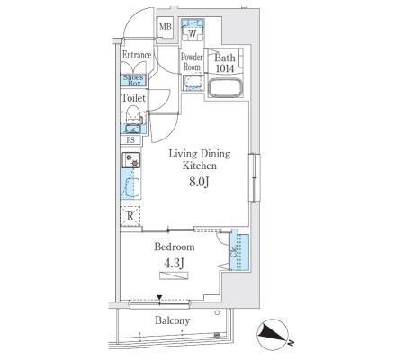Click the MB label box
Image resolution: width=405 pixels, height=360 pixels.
[x=165, y=27]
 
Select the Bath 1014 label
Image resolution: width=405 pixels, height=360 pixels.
[x=225, y=63]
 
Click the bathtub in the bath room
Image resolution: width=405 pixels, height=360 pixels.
[x=225, y=88]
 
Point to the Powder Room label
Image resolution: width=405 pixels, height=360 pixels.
[x=192, y=61]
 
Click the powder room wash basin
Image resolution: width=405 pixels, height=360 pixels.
[x=193, y=83]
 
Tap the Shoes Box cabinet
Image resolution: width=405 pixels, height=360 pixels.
[x=133, y=80]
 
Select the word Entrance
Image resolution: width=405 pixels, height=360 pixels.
[x=137, y=55]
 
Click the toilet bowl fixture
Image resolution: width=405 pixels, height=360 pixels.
[x=133, y=114]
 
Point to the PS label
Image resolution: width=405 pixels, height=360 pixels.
[x=130, y=140]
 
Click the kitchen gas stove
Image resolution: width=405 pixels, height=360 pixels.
[x=130, y=160]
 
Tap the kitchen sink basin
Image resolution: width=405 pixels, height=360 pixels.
[x=131, y=187]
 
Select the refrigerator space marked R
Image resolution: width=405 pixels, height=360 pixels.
[x=130, y=215]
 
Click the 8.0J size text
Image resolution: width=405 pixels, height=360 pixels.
[x=199, y=182]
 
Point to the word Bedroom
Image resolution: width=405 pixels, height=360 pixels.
[x=175, y=247]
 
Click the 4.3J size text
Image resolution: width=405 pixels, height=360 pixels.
[x=174, y=264]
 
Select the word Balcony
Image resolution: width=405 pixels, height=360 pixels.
[x=173, y=320]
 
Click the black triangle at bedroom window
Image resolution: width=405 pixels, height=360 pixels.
[x=159, y=298]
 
